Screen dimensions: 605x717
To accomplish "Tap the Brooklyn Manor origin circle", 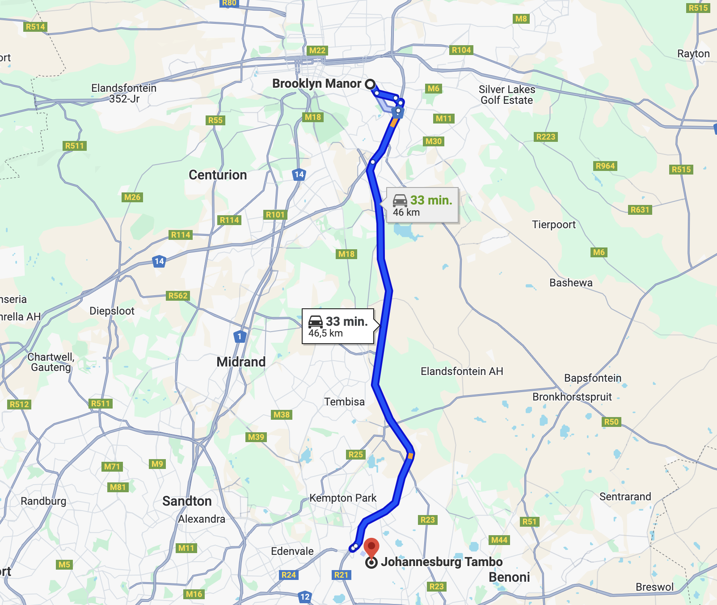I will [x=370, y=84].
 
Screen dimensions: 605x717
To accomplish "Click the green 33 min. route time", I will [x=431, y=200].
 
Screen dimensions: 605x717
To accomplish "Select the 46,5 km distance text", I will [x=325, y=333].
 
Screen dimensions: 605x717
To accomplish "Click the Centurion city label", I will [x=218, y=175].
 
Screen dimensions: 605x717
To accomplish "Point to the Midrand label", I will [x=241, y=362].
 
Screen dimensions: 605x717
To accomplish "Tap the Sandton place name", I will [x=187, y=501].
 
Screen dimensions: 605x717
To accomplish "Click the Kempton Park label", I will [x=343, y=498].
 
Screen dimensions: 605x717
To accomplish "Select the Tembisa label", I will [x=344, y=402].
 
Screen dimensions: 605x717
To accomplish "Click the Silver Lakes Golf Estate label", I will [x=506, y=95].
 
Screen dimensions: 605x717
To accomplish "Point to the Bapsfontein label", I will [x=592, y=378].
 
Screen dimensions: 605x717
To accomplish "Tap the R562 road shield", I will [x=178, y=295].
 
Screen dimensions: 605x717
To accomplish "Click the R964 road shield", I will [x=605, y=166].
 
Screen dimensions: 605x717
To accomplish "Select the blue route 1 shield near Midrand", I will [x=240, y=336].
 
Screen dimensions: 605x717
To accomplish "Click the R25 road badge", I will [x=356, y=455].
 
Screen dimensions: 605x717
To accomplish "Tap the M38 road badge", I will [x=282, y=415].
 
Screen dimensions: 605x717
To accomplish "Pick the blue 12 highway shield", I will [x=305, y=596].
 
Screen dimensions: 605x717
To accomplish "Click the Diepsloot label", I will [x=112, y=311].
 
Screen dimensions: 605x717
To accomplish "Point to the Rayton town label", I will [x=693, y=54].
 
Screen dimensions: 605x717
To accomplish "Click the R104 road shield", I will [x=461, y=50].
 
